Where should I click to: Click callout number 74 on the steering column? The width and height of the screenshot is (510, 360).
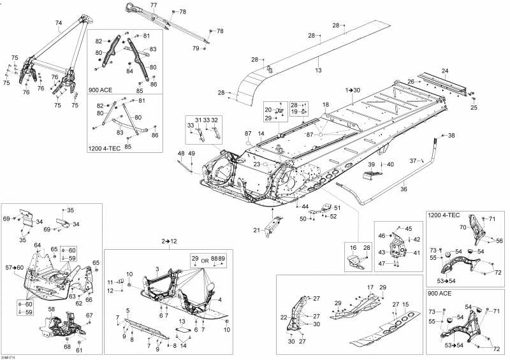coord(59,23)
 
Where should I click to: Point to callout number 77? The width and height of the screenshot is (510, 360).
coord(153,5)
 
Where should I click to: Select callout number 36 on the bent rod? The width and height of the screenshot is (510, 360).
coord(403,189)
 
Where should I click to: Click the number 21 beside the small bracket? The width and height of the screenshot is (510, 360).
coord(258,230)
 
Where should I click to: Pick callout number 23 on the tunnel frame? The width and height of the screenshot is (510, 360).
coord(256,164)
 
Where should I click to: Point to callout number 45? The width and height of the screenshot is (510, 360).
coord(409,229)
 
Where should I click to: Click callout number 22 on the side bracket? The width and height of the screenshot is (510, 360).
coord(284,317)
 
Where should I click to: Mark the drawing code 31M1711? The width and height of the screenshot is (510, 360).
coord(8,357)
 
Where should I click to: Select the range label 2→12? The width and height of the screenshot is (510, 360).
coord(169,241)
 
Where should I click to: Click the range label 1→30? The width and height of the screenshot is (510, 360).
coord(353,90)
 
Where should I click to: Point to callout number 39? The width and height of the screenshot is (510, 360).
coord(371,164)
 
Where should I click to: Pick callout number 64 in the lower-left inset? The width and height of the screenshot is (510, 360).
coord(37,245)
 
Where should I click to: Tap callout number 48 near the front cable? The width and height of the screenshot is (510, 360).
coord(181,154)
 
